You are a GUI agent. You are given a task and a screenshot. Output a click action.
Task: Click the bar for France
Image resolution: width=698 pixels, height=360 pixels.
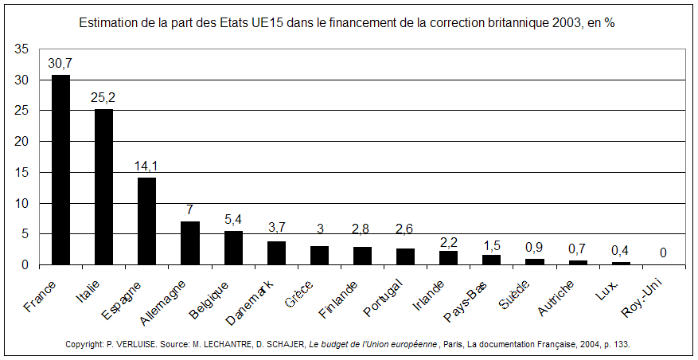(x=60, y=170)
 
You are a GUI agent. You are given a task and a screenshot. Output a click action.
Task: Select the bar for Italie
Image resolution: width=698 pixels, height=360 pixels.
(x=103, y=186)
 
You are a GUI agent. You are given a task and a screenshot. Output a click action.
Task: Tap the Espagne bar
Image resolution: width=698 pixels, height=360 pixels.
(x=146, y=221)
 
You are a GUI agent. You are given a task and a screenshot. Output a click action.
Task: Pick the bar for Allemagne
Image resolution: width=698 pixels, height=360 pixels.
(x=189, y=243)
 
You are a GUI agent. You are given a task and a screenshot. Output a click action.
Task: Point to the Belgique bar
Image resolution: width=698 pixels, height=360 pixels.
(x=233, y=248)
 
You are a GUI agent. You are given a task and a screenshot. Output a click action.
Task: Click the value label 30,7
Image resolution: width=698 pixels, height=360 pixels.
(x=60, y=62)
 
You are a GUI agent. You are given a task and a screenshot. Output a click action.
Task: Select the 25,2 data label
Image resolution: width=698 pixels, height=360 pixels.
(x=103, y=96)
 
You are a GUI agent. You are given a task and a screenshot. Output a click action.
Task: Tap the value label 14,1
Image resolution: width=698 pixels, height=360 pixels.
(x=146, y=166)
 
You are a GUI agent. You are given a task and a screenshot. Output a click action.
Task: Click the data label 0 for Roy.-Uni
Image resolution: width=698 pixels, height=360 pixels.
(x=663, y=253)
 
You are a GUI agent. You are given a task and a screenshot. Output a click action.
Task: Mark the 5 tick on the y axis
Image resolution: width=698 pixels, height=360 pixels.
(x=26, y=234)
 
